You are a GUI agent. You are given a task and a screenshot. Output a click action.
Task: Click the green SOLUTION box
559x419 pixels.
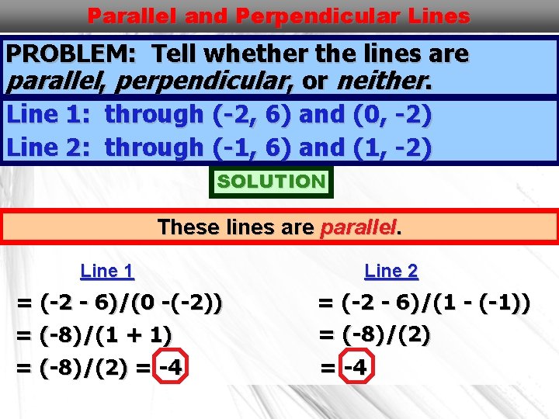271,182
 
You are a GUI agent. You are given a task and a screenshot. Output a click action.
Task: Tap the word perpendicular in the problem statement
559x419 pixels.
217,80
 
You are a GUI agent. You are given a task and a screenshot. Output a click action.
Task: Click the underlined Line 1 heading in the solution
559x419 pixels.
107,271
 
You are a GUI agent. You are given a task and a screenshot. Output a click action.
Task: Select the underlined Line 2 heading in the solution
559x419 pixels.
391,271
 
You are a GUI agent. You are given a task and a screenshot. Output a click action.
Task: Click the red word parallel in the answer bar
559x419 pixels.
358,227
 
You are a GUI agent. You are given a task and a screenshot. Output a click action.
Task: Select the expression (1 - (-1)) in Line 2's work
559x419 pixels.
486,303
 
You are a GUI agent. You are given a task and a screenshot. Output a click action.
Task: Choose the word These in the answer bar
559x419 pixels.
182,227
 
